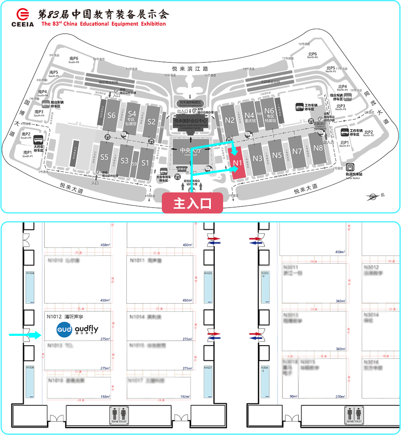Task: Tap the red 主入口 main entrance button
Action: (x=192, y=203)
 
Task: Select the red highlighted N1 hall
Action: (x=237, y=162)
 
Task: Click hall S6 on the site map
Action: (x=112, y=115)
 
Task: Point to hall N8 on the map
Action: (x=318, y=148)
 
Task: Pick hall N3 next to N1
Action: (x=257, y=159)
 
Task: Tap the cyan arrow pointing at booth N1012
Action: (x=25, y=336)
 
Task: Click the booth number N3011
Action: (x=291, y=267)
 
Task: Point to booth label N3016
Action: (x=371, y=362)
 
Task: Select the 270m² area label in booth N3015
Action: (x=340, y=397)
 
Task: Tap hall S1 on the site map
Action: (x=145, y=163)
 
